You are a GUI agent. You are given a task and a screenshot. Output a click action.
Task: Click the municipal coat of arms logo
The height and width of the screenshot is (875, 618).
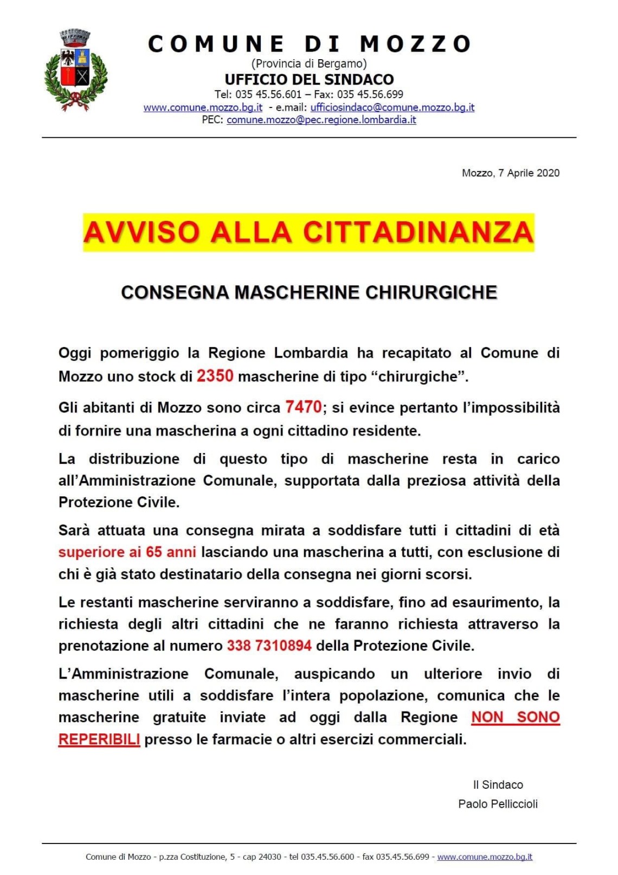click(x=76, y=70)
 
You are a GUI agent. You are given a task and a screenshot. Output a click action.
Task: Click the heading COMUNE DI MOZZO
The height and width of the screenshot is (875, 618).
click(x=309, y=44)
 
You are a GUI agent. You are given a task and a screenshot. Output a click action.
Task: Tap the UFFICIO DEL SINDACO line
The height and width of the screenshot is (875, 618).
click(x=309, y=79)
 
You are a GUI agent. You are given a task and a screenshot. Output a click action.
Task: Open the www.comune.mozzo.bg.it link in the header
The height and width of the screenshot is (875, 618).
click(x=203, y=107)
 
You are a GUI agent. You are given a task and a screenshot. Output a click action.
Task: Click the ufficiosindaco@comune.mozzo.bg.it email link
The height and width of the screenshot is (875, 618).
click(x=392, y=107)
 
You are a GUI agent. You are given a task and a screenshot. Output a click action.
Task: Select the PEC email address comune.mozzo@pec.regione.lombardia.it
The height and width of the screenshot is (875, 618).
click(x=321, y=120)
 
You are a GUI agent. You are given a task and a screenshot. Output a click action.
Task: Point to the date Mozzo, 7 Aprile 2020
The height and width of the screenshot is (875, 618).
click(x=510, y=173)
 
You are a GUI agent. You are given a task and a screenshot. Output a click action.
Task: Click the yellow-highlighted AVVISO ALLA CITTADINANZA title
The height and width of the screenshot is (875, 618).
click(x=308, y=232)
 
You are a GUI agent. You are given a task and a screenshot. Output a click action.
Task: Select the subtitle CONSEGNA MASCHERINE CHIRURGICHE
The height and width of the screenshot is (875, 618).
click(x=309, y=292)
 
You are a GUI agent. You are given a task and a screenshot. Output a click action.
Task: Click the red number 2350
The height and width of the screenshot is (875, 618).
click(x=215, y=376)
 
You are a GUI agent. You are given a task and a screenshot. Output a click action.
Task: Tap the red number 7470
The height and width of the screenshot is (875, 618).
click(x=304, y=407)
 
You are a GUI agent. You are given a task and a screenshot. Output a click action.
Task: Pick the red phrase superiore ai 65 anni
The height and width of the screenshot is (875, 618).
click(x=127, y=552)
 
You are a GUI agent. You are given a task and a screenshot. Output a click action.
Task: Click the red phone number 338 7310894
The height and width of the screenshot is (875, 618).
click(x=269, y=646)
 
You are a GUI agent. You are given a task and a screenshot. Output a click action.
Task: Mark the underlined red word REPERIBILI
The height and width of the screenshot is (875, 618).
click(x=99, y=739)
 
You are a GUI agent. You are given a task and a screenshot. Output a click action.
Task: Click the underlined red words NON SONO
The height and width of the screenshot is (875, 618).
click(x=515, y=717)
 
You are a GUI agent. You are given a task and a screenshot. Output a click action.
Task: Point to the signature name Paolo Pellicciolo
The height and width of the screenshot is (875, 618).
click(x=498, y=804)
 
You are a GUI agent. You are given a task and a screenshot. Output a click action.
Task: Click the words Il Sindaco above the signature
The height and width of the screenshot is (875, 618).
click(x=498, y=785)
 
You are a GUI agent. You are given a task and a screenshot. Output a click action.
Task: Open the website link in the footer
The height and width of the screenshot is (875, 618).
click(x=485, y=857)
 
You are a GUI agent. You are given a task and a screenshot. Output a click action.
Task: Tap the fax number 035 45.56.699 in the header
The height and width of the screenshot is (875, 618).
click(x=370, y=94)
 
